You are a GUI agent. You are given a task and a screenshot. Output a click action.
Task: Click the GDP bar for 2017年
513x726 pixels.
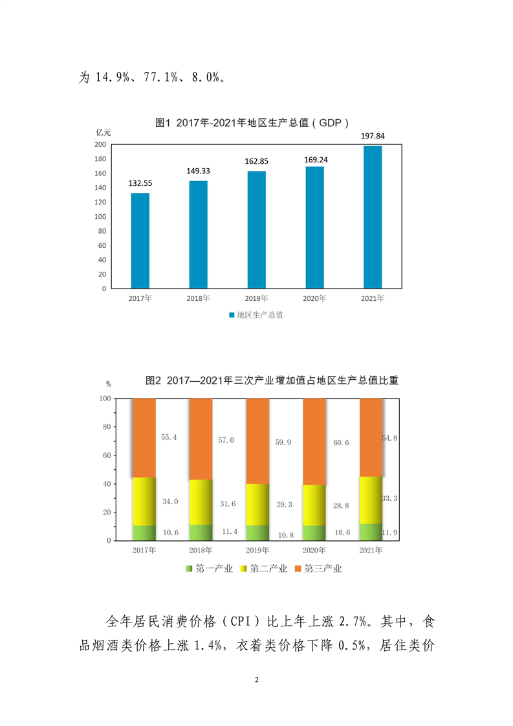(x=140, y=241)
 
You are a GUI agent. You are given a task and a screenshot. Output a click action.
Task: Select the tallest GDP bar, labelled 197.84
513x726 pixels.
(x=373, y=217)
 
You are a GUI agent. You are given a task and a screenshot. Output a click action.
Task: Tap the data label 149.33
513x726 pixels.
(x=199, y=171)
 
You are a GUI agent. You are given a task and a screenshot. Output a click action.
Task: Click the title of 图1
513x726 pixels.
(x=256, y=122)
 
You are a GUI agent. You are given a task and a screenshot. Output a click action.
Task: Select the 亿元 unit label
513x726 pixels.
(x=104, y=133)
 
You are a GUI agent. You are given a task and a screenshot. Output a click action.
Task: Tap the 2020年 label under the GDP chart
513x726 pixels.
(x=314, y=298)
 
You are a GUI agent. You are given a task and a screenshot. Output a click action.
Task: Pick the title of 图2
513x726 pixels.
(x=272, y=380)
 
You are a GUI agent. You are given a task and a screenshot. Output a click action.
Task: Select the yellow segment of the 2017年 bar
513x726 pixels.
(x=144, y=501)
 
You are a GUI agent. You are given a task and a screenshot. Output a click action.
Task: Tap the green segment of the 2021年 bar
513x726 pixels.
(x=371, y=532)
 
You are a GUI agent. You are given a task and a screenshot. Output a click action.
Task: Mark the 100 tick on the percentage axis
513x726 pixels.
(x=104, y=399)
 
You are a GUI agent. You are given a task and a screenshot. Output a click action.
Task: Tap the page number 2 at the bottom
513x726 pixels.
(x=257, y=680)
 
